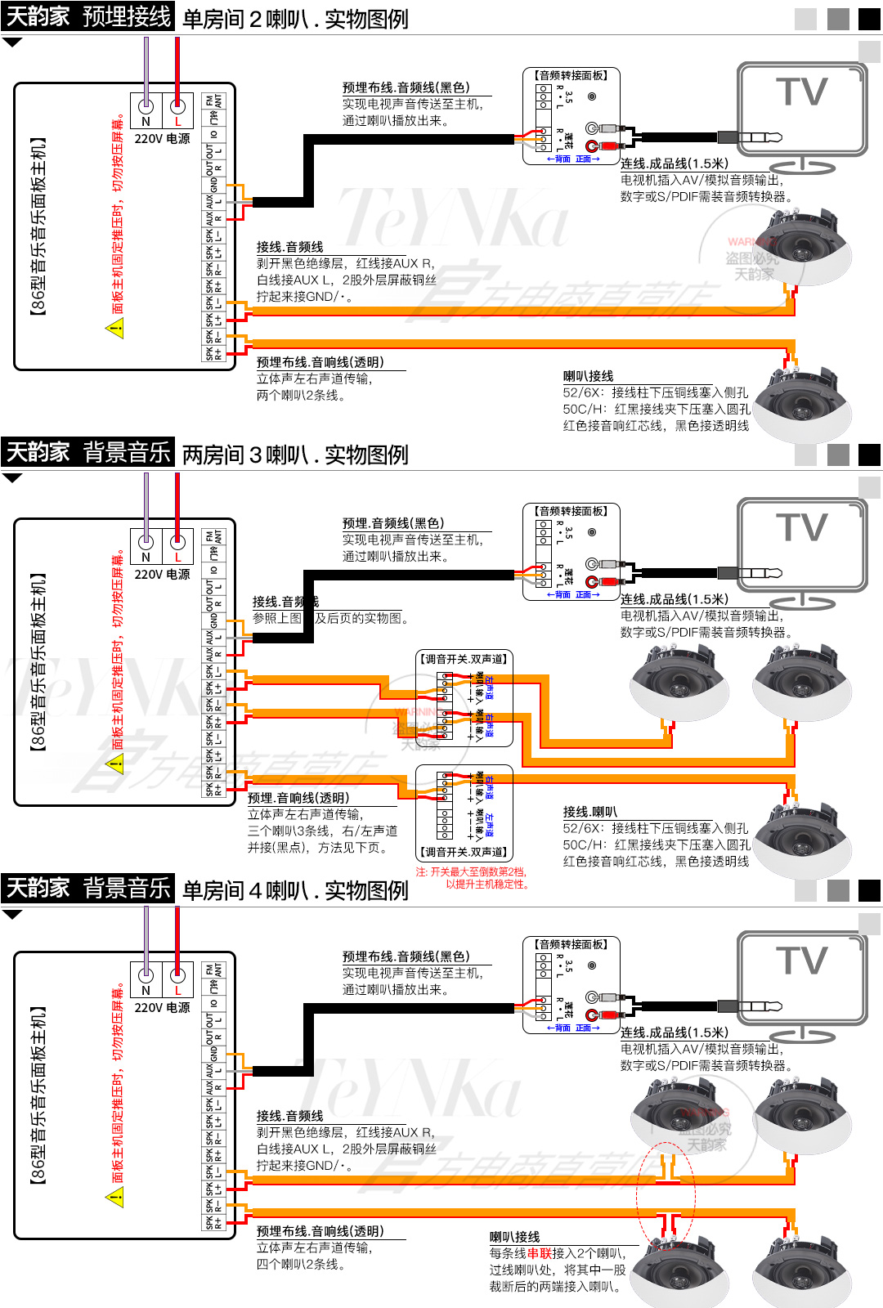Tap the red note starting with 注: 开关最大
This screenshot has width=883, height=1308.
(x=472, y=878)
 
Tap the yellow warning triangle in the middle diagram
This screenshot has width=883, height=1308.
(x=115, y=764)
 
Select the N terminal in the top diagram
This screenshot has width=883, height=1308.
(x=146, y=106)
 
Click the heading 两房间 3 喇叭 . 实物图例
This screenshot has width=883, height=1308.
(x=295, y=455)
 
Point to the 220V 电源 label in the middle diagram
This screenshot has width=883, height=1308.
(x=162, y=575)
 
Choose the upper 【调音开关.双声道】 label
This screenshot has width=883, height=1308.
(x=464, y=659)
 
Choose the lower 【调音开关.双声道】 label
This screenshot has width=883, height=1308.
(x=464, y=852)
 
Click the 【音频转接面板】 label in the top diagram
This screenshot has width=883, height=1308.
(x=571, y=75)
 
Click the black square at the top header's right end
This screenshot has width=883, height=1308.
(x=869, y=19)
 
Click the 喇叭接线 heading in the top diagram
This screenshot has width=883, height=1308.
(x=588, y=376)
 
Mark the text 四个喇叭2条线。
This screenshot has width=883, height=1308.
(x=301, y=1264)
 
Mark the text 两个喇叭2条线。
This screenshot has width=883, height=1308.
(x=301, y=395)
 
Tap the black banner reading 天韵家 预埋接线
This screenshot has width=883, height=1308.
(x=87, y=16)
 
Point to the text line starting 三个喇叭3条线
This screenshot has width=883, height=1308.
(x=322, y=831)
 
